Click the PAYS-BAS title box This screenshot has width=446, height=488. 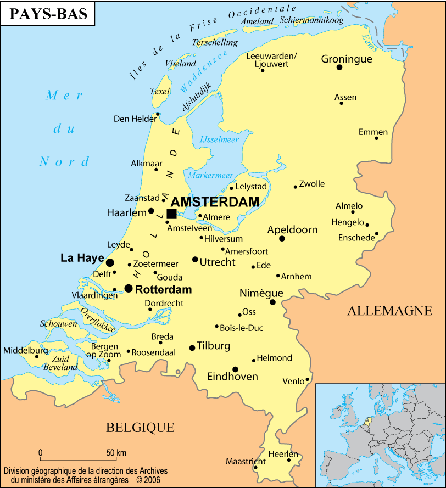(x=48, y=14)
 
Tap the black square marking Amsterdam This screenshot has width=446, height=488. (x=171, y=214)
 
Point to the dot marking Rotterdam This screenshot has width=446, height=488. (x=129, y=288)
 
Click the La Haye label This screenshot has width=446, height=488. (x=82, y=257)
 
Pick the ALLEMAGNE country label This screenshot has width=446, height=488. (x=389, y=311)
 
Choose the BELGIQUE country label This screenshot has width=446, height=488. (x=140, y=427)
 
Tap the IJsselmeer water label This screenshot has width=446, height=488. (x=220, y=139)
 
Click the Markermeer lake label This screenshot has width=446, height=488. (x=211, y=175)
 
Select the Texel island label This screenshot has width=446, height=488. (x=160, y=91)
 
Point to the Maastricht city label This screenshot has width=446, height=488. (x=246, y=461)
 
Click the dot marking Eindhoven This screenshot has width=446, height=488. (x=235, y=369)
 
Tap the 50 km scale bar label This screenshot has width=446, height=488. (x=116, y=453)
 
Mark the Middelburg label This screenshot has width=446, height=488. (x=26, y=350)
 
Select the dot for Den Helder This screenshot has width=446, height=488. (x=158, y=114)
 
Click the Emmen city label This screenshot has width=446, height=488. (x=373, y=132)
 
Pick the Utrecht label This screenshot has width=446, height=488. (x=218, y=262)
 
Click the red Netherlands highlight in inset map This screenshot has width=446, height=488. (x=367, y=422)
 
